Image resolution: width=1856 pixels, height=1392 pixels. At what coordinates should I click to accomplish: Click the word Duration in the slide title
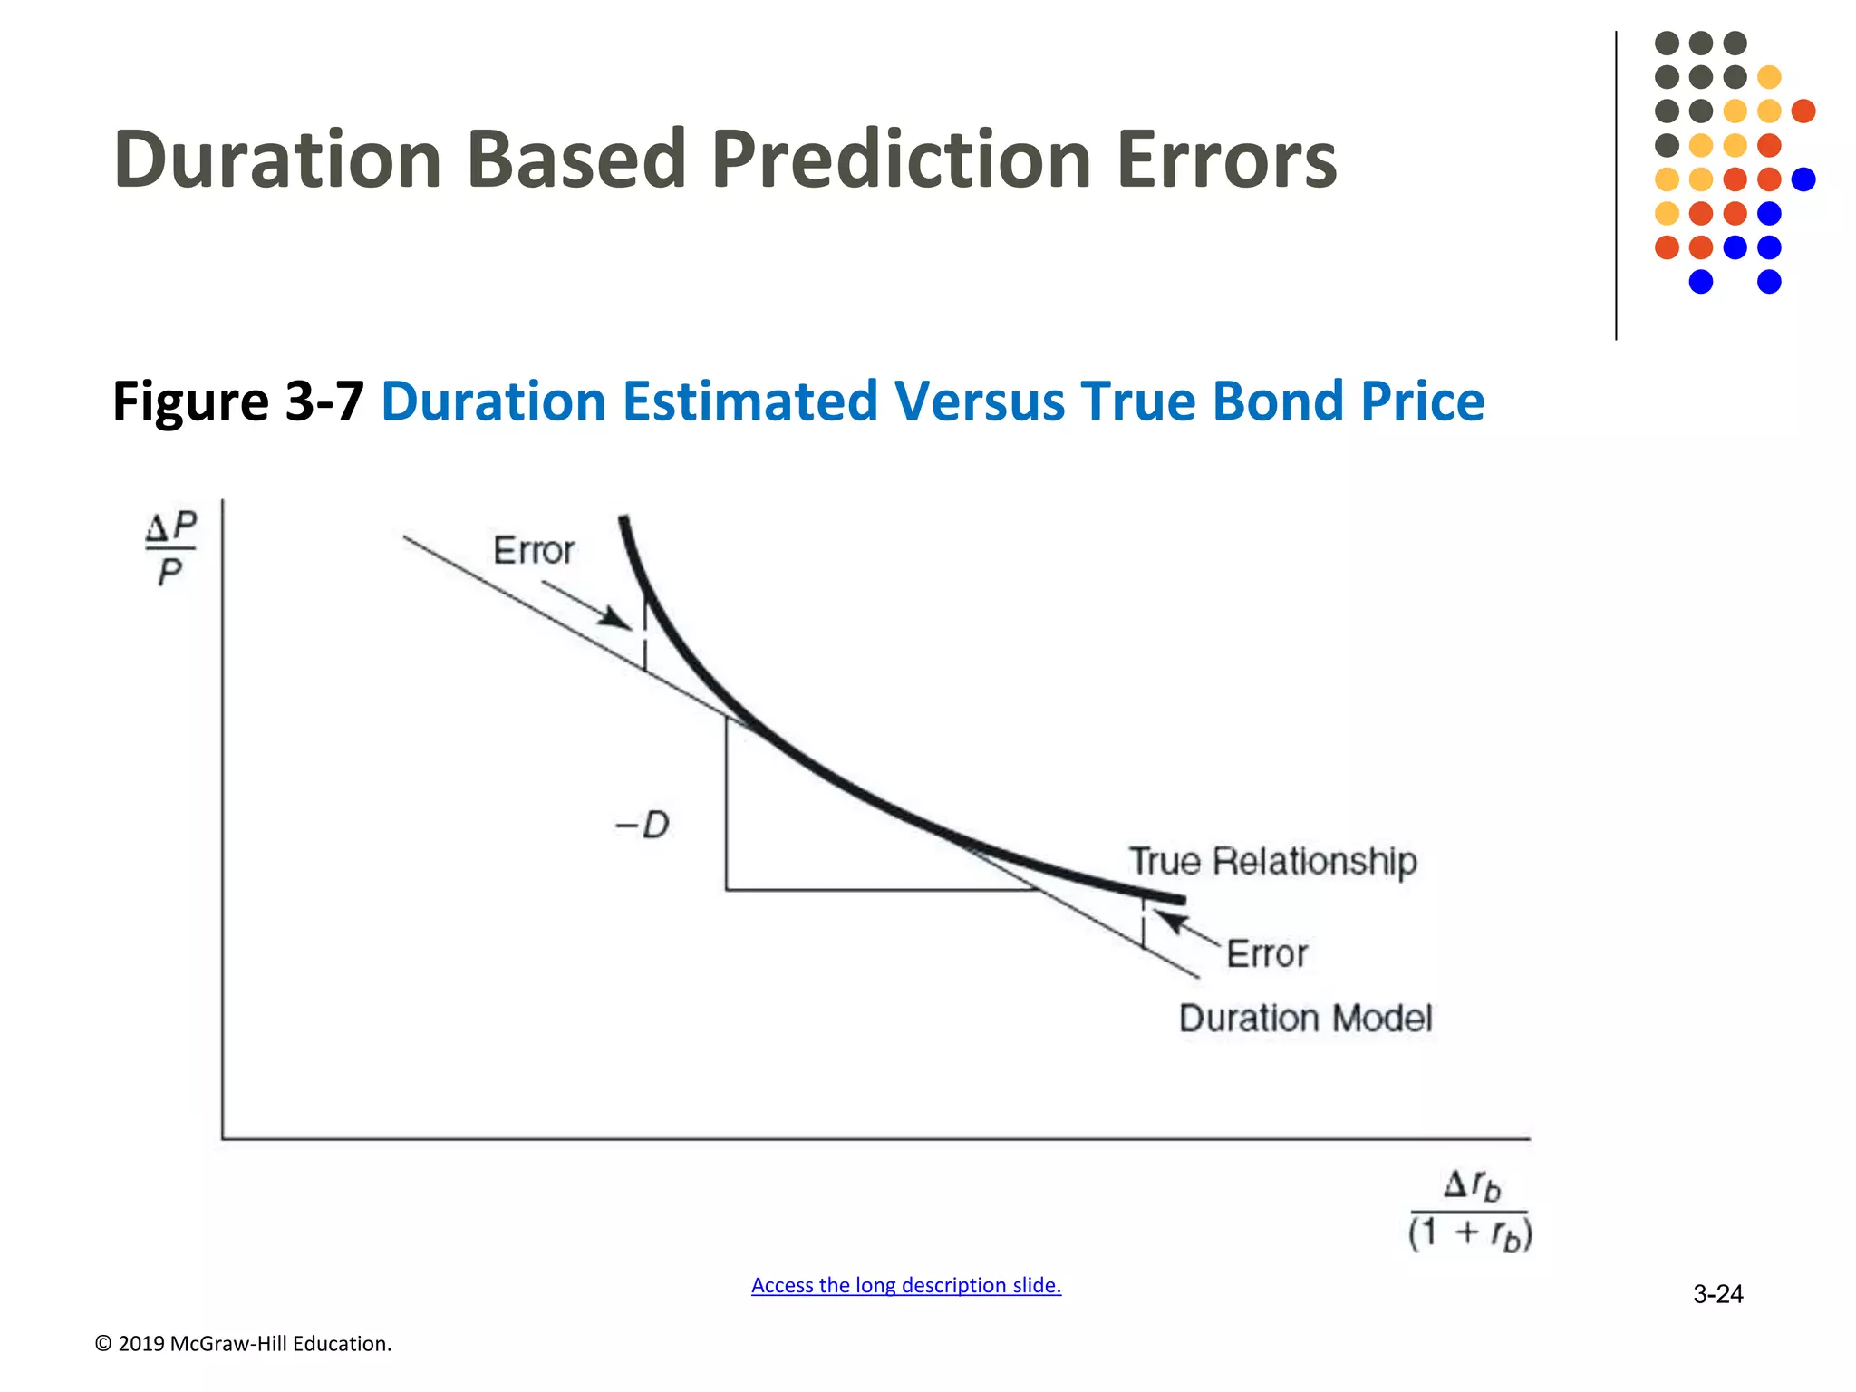277,159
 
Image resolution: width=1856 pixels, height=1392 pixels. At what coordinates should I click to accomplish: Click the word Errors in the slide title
1226,159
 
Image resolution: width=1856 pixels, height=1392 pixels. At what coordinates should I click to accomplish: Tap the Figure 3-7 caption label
237,401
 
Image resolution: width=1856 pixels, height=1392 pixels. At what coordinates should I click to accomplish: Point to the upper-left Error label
533,551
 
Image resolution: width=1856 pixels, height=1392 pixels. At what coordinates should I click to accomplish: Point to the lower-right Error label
1266,954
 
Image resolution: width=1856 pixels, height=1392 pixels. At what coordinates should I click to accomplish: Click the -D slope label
643,826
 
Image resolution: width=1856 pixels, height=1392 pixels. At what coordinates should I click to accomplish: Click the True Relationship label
1272,861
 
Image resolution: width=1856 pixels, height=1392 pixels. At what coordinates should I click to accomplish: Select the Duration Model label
1305,1019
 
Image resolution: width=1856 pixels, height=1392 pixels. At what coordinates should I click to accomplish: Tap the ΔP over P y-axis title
171,548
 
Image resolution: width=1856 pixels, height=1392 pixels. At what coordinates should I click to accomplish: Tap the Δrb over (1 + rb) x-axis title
1470,1210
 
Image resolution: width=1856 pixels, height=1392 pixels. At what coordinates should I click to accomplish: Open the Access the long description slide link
905,1285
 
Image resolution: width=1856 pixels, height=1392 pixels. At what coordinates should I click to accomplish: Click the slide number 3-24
1717,1294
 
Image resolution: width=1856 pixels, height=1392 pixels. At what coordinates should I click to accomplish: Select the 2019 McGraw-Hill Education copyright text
243,1344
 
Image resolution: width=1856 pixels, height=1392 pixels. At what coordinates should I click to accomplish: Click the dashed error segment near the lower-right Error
1143,924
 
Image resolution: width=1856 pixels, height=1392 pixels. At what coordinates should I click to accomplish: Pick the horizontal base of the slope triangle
879,890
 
